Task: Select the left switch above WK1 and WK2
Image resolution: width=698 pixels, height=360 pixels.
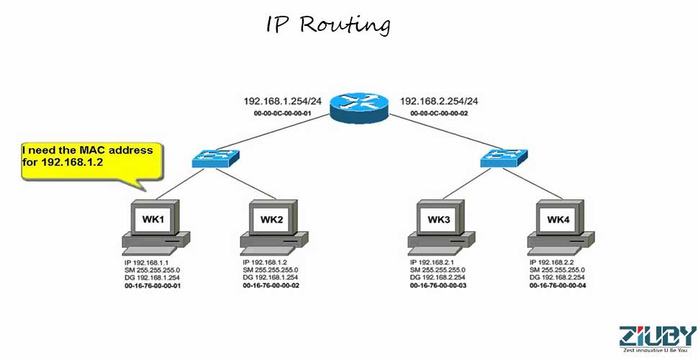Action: (x=215, y=158)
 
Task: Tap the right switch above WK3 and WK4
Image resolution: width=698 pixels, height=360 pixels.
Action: (x=504, y=157)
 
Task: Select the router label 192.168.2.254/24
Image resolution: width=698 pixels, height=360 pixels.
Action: (x=438, y=102)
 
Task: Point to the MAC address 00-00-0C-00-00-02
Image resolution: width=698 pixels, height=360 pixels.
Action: (x=439, y=114)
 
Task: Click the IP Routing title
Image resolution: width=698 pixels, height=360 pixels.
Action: (x=328, y=25)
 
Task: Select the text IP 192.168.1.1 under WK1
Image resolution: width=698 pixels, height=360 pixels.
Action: (x=147, y=263)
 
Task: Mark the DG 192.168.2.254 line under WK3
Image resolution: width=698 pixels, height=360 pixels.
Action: (x=438, y=278)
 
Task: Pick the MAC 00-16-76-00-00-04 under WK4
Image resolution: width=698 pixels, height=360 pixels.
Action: (x=558, y=286)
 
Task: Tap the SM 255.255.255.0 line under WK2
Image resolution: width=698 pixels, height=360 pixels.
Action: (x=271, y=270)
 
